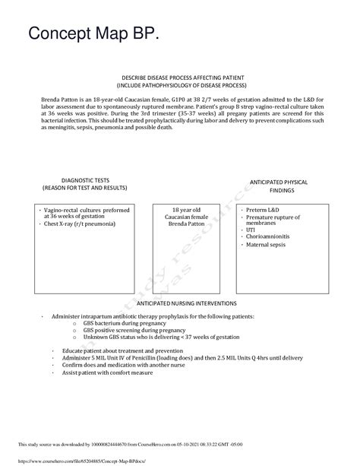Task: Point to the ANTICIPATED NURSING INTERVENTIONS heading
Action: pyautogui.click(x=180, y=303)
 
